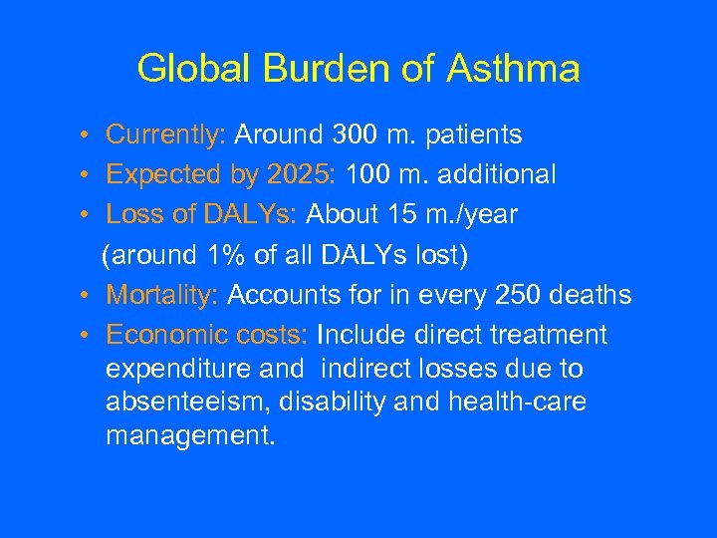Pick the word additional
tap(489, 174)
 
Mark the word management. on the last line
tap(190, 435)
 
